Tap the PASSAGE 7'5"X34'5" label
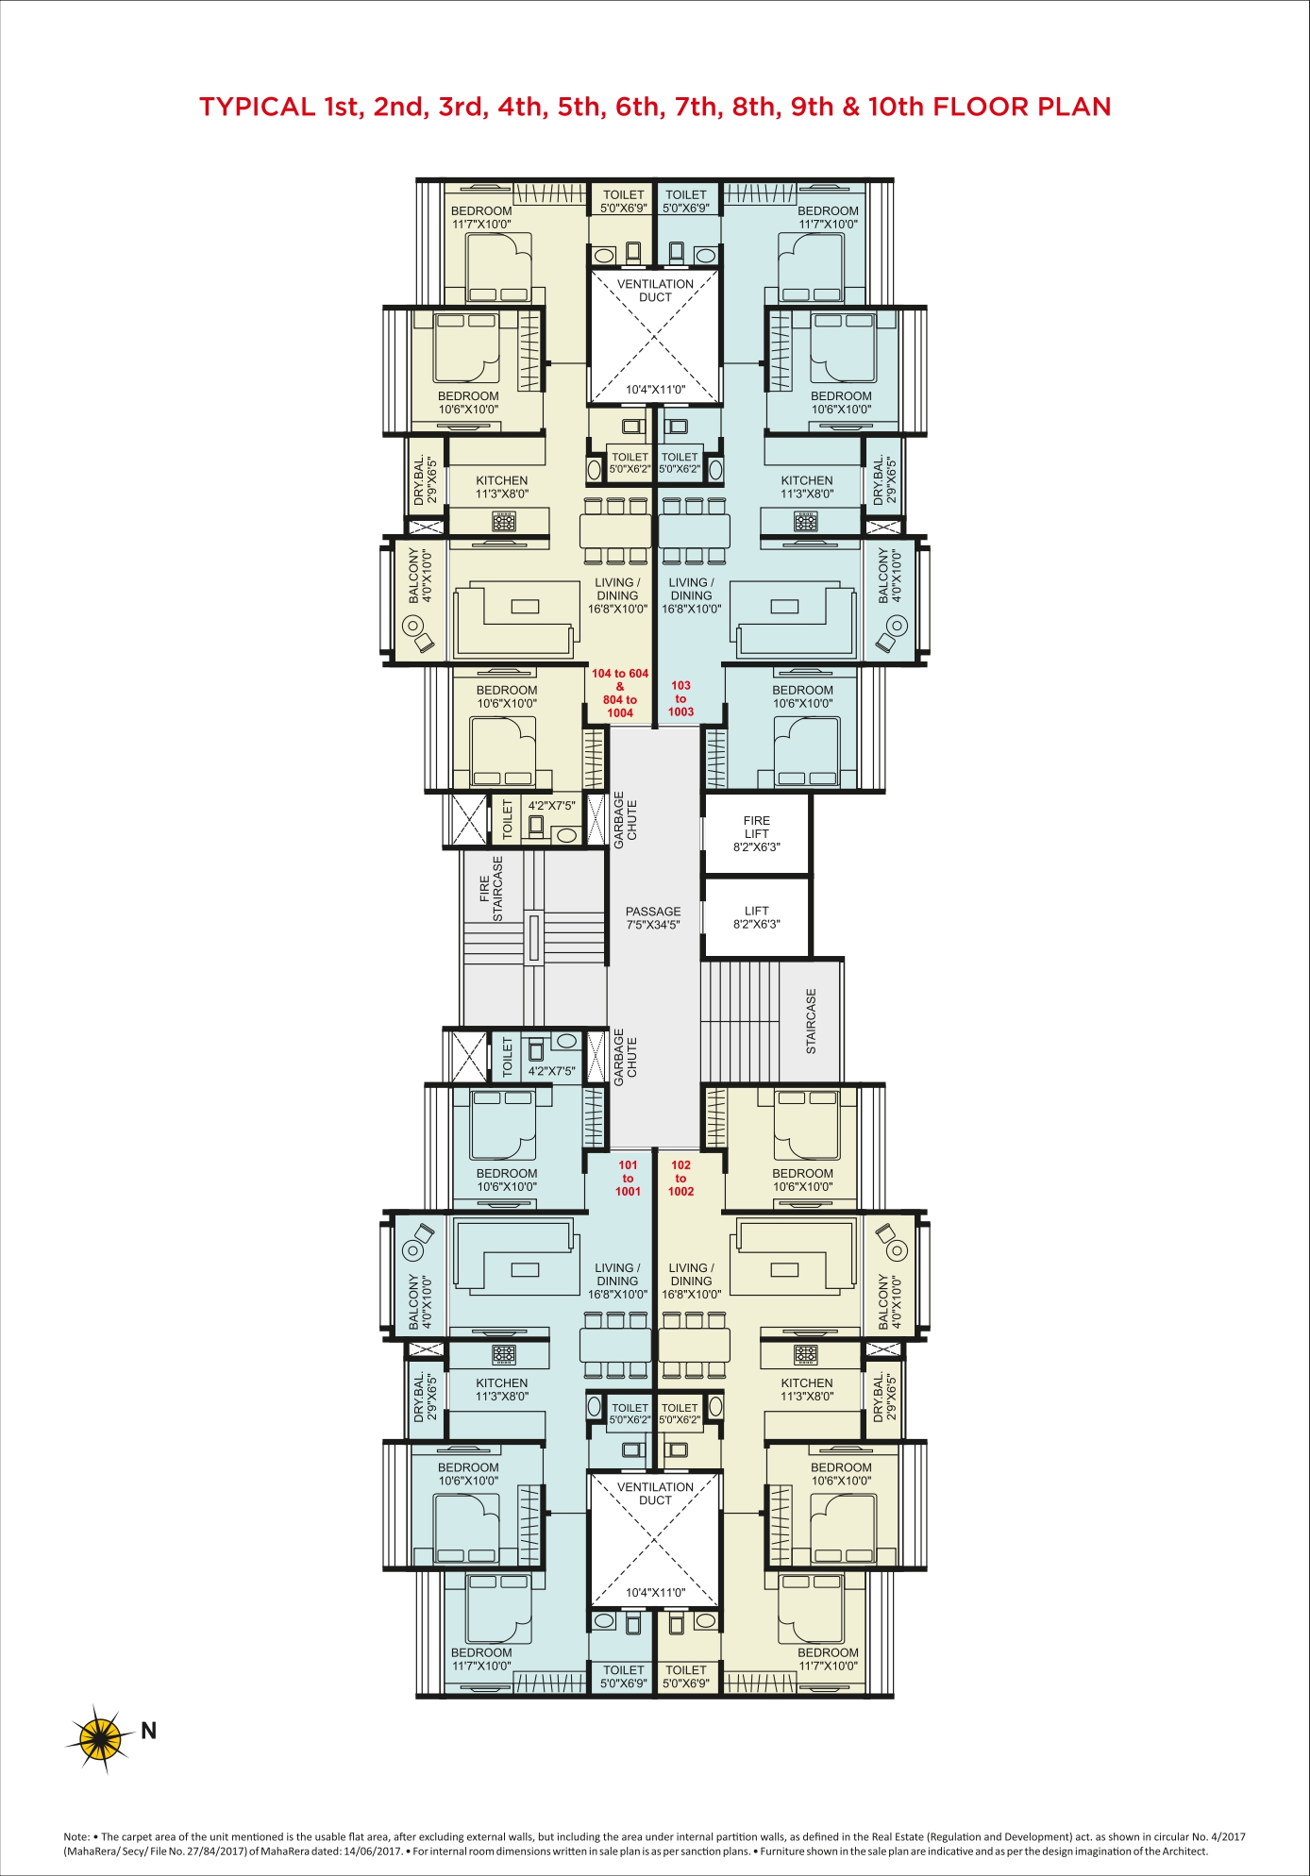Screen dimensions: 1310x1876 pyautogui.click(x=653, y=918)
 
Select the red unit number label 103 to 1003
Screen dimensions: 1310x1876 pyautogui.click(x=681, y=698)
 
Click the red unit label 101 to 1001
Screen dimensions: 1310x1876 pyautogui.click(x=629, y=1178)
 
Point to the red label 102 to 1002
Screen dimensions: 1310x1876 pyautogui.click(x=681, y=1178)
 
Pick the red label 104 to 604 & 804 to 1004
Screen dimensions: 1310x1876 pyautogui.click(x=620, y=693)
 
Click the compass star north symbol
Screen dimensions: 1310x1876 pyautogui.click(x=100, y=1734)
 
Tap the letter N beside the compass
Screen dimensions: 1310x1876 pyautogui.click(x=148, y=1730)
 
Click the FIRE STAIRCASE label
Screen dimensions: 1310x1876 pyautogui.click(x=492, y=888)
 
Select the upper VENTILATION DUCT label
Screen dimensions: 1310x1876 pyautogui.click(x=655, y=291)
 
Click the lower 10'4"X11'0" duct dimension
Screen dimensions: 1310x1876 pyautogui.click(x=655, y=1592)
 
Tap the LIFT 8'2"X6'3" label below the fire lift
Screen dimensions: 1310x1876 pyautogui.click(x=757, y=917)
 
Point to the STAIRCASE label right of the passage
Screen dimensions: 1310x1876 pyautogui.click(x=811, y=1021)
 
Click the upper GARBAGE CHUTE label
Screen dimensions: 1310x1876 pyautogui.click(x=626, y=819)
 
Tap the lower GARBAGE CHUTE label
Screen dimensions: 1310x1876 pyautogui.click(x=626, y=1057)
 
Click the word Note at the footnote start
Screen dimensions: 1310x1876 pyautogui.click(x=76, y=1837)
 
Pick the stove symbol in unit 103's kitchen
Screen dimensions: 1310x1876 pyautogui.click(x=805, y=521)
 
